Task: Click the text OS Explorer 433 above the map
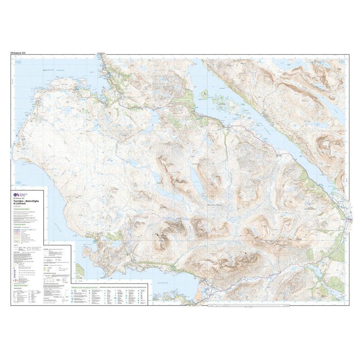point(18,53)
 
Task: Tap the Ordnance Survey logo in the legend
point(18,194)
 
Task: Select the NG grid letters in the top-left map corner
point(18,62)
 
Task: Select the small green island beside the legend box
point(80,271)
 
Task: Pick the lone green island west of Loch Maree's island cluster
point(204,94)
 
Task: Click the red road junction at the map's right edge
point(349,219)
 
